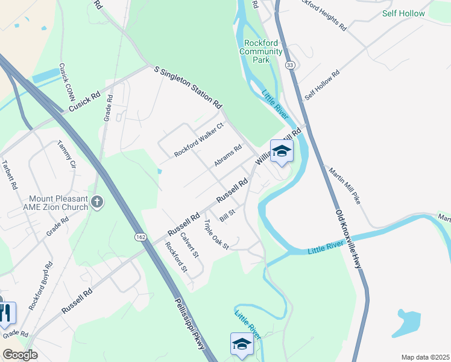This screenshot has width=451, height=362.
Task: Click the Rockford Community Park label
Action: point(261,51)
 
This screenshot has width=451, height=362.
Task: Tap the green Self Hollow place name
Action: point(403,13)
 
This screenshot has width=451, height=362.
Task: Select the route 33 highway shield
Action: point(291,65)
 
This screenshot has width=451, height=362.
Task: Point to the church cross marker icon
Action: point(97,202)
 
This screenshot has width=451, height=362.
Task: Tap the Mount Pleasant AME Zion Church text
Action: point(58,202)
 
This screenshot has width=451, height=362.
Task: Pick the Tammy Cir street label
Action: point(66,154)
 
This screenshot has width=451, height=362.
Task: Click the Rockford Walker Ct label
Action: point(199,139)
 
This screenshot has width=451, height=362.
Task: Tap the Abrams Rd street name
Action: point(227,156)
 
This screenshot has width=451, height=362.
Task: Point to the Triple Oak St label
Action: point(216,235)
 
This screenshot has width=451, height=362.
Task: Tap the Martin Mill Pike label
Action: point(344,185)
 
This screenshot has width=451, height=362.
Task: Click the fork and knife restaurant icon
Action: point(6,313)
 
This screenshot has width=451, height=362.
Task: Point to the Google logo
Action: point(20,355)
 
